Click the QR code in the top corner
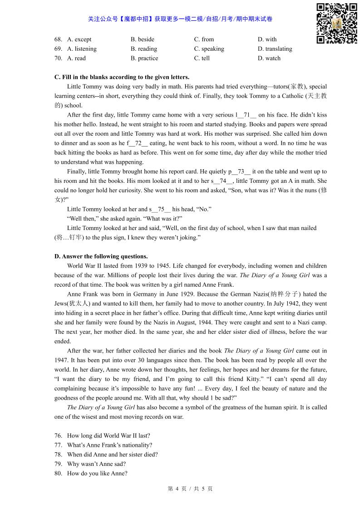336,23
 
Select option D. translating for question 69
275,49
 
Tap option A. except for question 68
79,39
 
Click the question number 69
58,49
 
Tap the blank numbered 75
161,210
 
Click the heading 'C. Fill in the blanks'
122,77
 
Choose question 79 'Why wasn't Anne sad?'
96,464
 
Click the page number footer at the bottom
190,489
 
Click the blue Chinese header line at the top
180,19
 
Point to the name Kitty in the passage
245,379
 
